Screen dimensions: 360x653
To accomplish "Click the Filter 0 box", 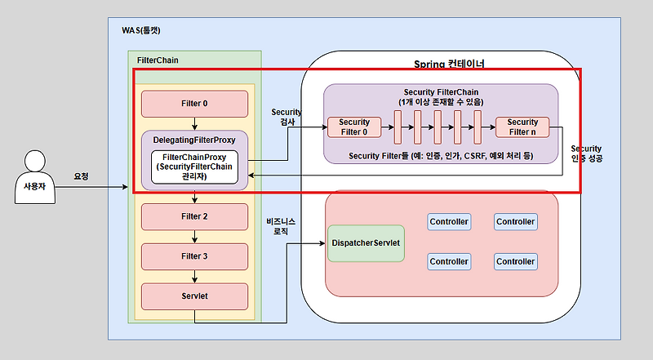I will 194,104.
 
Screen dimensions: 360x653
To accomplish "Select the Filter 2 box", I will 194,216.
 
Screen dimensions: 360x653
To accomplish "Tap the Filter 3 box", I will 194,256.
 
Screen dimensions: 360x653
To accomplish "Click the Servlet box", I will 194,296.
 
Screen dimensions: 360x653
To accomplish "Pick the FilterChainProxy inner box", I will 194,167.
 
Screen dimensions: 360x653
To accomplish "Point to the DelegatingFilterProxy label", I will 194,140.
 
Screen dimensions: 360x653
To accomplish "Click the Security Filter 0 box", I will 354,127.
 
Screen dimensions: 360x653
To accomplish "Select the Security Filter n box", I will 522,127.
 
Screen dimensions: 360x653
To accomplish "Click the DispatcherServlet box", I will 366,243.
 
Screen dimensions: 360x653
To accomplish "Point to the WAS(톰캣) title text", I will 140,31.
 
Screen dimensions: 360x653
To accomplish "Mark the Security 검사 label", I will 286,115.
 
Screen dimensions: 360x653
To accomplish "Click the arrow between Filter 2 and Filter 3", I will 194,237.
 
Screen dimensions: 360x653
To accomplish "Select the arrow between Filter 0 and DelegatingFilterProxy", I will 194,122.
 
